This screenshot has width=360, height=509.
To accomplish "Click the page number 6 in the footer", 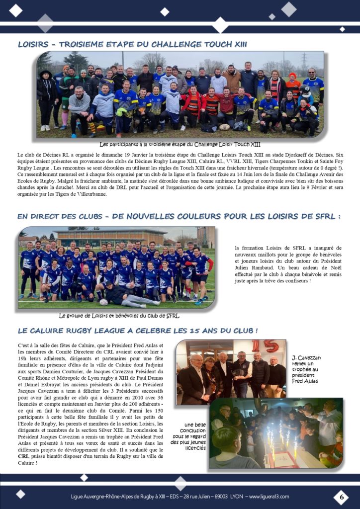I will point(341,496).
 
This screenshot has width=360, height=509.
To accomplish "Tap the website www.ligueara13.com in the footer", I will point(269,496).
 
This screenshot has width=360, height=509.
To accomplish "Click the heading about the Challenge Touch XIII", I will point(132,44).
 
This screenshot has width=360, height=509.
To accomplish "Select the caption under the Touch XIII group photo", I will point(180,145).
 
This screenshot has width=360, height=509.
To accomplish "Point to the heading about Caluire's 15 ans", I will point(138,330).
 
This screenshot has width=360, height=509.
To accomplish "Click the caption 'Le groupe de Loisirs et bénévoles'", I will point(119,316).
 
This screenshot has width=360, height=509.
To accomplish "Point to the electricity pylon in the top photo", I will point(303,61).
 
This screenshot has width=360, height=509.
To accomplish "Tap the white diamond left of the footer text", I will point(20,494).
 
